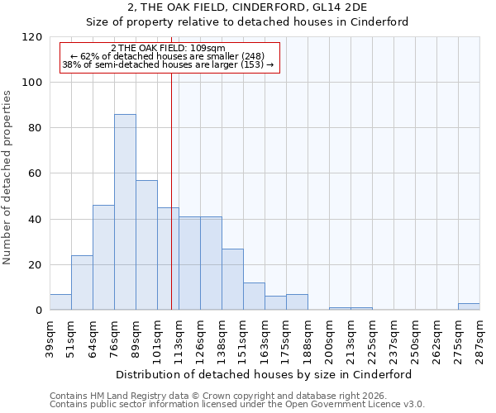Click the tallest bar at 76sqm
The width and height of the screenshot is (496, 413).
(125, 212)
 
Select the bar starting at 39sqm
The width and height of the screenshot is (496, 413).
(60, 302)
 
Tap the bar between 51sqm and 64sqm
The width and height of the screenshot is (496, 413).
(82, 283)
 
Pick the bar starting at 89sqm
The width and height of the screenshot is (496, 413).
(146, 245)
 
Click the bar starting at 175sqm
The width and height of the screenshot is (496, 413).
(297, 302)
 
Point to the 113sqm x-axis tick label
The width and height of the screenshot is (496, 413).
(179, 339)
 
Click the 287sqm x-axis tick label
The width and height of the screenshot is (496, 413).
(479, 339)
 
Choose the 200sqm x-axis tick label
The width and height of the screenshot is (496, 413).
(329, 339)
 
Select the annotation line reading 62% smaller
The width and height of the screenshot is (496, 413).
(171, 56)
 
